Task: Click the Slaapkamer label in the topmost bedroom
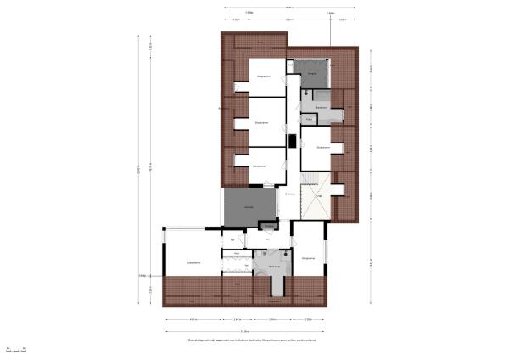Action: click(264, 76)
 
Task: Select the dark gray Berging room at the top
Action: click(311, 75)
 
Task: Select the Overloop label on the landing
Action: click(290, 194)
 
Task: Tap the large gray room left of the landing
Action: click(249, 207)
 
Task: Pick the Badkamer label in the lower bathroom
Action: click(273, 267)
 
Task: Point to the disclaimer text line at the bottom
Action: click(254, 340)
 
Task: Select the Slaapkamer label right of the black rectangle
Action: click(322, 147)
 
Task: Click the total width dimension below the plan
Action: click(246, 331)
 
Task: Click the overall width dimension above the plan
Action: click(290, 8)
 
